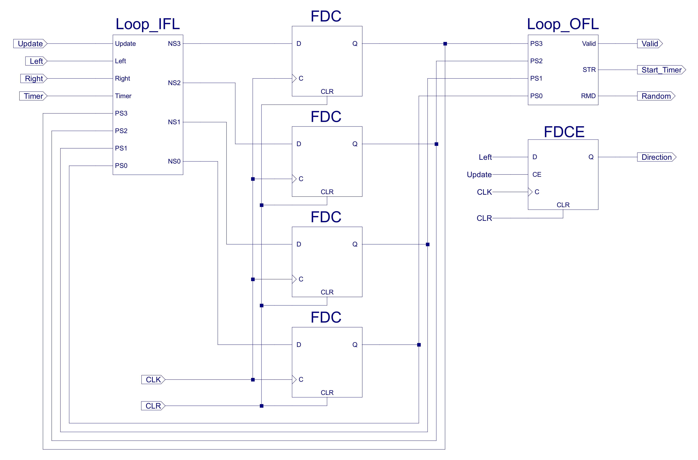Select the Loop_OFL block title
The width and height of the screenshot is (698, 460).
[563, 24]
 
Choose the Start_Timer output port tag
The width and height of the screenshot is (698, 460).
[661, 70]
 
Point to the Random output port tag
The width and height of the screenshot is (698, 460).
[656, 96]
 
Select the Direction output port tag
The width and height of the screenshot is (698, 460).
[656, 157]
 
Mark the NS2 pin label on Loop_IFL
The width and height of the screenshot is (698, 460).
[174, 83]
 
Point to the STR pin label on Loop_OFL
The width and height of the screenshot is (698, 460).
[589, 70]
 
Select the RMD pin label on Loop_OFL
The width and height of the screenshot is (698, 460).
[588, 96]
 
